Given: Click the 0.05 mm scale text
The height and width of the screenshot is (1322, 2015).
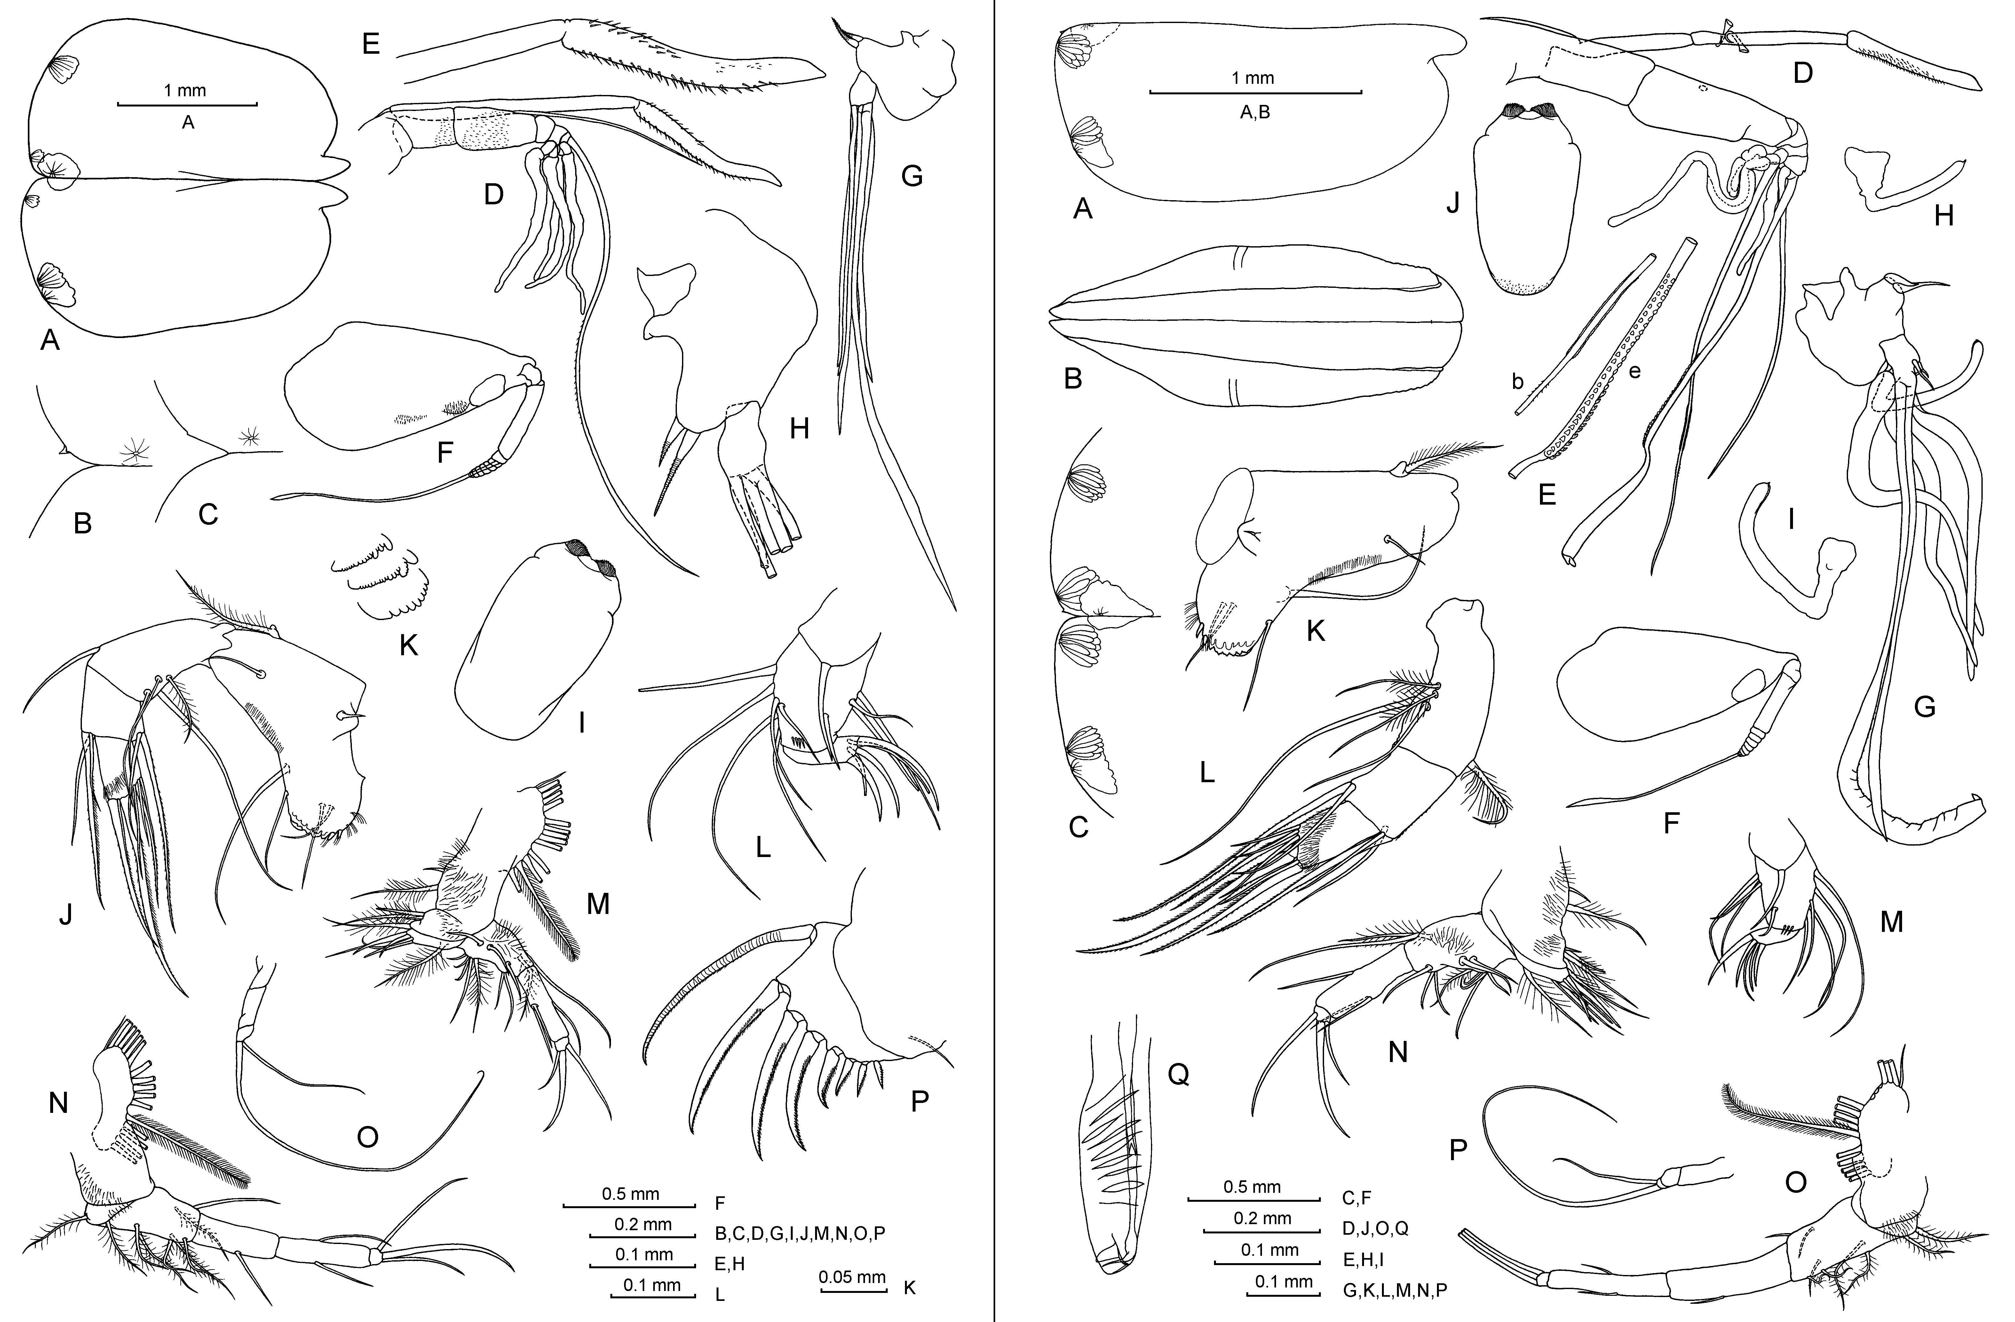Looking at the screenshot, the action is coord(853,1277).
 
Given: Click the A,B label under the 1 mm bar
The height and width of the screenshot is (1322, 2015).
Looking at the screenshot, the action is coord(1254,112).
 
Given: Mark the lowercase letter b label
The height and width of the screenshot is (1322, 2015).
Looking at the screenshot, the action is coord(1518,382).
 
